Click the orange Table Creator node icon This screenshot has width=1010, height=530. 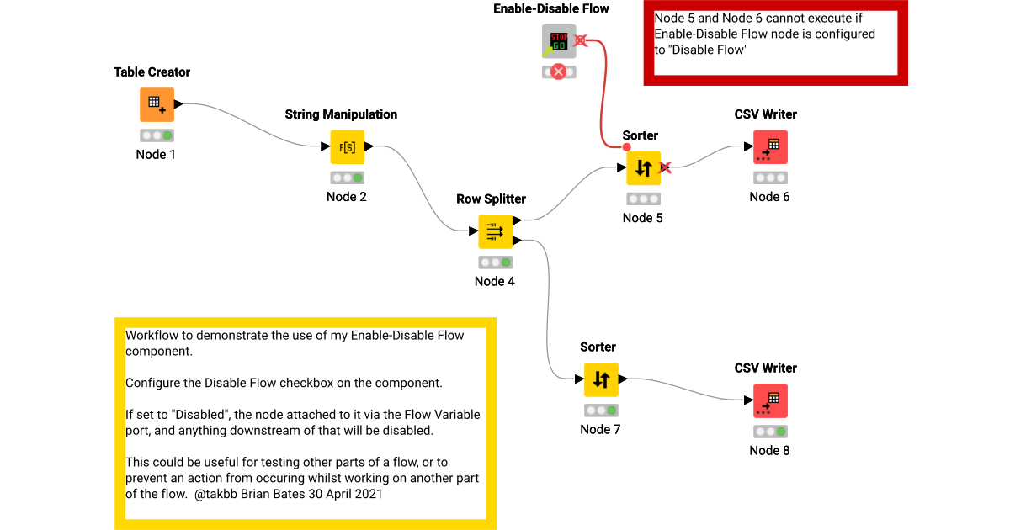click(157, 105)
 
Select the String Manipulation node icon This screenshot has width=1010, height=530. click(347, 147)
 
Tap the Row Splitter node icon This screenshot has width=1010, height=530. click(495, 231)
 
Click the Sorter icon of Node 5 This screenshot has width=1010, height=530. click(643, 167)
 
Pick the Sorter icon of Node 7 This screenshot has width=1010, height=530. click(601, 379)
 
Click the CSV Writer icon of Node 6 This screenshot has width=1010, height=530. click(770, 147)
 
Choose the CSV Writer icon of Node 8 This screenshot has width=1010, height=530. click(770, 401)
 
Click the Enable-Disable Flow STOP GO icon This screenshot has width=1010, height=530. click(559, 40)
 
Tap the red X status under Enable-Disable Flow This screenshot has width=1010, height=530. click(559, 72)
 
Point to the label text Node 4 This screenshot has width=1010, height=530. click(495, 281)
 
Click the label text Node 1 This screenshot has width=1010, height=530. click(157, 155)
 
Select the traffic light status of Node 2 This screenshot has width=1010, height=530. click(347, 178)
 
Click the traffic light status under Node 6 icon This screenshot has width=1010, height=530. click(770, 178)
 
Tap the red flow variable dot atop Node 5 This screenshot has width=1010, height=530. click(627, 147)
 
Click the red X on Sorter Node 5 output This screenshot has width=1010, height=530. click(665, 167)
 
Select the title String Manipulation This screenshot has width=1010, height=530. click(341, 114)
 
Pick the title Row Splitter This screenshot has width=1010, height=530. click(492, 199)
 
